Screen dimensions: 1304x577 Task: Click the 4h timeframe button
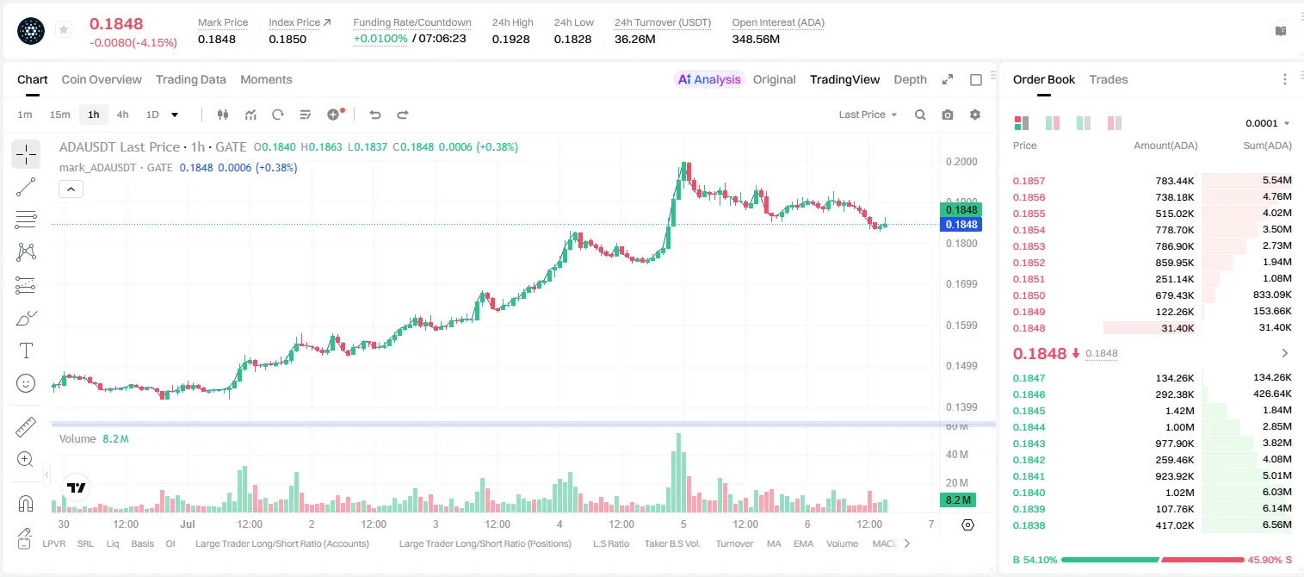[122, 115]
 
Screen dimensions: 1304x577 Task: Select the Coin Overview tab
[102, 79]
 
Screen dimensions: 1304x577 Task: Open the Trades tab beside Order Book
[1109, 79]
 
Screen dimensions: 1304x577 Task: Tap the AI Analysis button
[709, 79]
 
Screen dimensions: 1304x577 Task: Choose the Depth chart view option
[910, 79]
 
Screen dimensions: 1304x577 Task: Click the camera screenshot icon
[948, 115]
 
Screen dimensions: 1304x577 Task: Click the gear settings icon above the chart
[975, 115]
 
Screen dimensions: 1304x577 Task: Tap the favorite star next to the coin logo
[64, 29]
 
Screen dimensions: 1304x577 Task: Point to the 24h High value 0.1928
[510, 39]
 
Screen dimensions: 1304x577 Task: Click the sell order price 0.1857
[1029, 181]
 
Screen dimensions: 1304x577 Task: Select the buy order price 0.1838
[1029, 525]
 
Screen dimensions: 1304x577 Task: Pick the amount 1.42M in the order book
[1179, 411]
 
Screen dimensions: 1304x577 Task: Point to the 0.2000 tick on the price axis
[961, 162]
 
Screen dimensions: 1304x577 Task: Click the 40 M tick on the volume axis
[956, 454]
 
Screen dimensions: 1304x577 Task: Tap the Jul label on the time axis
[188, 524]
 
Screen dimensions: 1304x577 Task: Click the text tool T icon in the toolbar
[26, 351]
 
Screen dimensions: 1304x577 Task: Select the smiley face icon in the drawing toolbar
[26, 383]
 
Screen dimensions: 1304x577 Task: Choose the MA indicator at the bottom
[774, 543]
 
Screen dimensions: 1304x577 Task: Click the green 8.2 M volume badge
[958, 500]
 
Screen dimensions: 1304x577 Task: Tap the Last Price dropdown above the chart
[868, 115]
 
